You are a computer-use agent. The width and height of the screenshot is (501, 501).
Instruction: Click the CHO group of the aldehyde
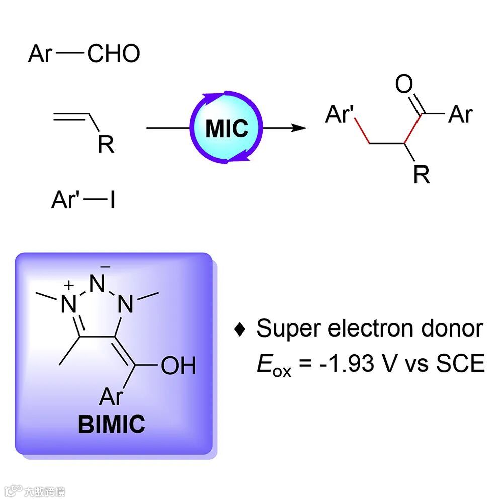coord(114,53)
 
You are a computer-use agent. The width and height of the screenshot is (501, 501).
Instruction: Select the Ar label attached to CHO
coord(40,53)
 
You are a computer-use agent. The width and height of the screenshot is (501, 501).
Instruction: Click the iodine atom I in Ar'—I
coord(112,201)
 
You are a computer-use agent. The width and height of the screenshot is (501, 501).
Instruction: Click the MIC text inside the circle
coord(227,128)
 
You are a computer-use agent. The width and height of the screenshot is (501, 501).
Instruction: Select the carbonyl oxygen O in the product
coord(404,85)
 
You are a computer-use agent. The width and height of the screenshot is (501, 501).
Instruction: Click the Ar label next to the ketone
coord(460,115)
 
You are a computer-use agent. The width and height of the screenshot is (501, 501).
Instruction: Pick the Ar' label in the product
coord(340,115)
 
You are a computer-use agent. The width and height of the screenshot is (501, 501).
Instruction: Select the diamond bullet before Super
coord(241,329)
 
